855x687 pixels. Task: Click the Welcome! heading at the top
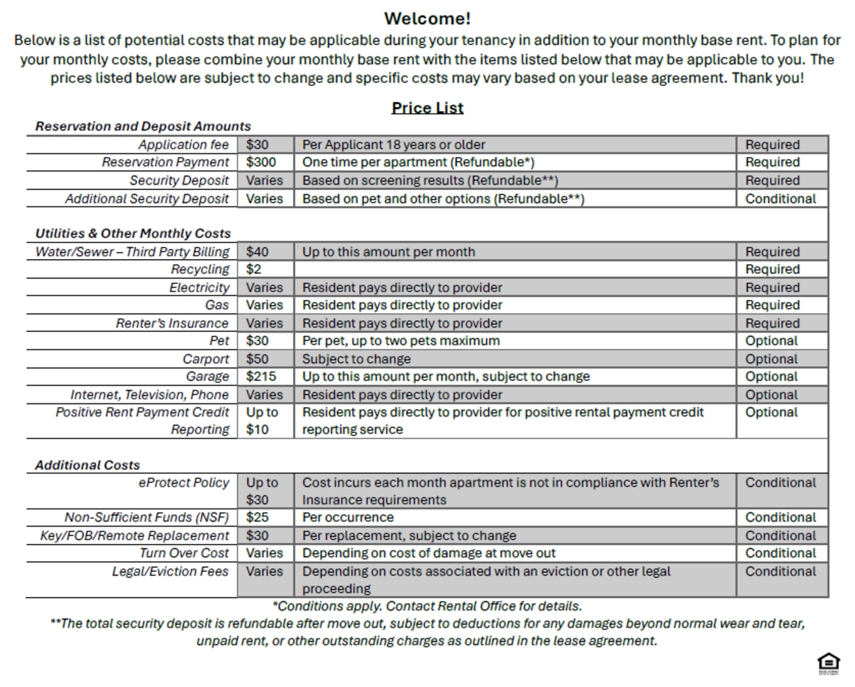coord(427,18)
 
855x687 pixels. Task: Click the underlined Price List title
coord(427,108)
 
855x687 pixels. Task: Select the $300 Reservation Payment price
coord(261,162)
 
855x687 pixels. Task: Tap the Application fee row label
coord(183,145)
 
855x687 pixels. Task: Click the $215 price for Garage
coord(261,377)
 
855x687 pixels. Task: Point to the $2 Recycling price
coord(254,270)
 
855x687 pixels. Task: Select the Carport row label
coord(206,359)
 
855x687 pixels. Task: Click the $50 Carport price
coord(257,359)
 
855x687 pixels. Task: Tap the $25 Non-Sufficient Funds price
coord(257,518)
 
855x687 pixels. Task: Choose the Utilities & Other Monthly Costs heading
coord(133,233)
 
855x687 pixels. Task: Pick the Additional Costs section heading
coord(87,465)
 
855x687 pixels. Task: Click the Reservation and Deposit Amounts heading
coord(143,127)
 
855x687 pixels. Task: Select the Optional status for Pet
coord(771,341)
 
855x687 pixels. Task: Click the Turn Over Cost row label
coord(184,553)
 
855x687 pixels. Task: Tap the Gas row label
coord(216,305)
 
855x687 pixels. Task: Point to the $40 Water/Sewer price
coord(257,252)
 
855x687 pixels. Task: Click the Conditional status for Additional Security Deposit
coord(781,199)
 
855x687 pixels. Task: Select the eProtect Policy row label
coord(183,483)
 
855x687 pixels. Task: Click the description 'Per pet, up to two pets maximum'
coord(401,341)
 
